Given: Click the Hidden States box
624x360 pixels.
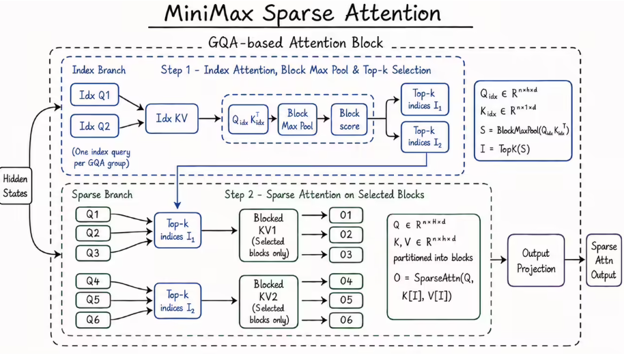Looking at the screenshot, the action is coord(16,186).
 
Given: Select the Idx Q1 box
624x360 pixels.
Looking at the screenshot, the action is coord(95,95).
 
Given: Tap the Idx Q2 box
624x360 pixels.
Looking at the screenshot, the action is coord(95,126).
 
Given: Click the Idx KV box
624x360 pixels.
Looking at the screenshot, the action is coord(171,118).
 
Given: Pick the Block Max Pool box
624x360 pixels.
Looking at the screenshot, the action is coord(297,120).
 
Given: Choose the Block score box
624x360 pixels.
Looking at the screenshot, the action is coord(349,120).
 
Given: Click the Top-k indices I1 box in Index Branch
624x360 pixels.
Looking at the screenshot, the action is coord(425,99).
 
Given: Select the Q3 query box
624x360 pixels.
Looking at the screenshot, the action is coord(93,253).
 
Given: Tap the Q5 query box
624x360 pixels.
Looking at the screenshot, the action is coord(93,300).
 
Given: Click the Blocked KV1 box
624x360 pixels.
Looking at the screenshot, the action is coord(268,236).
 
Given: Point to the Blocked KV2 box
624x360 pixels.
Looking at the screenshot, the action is coord(268,302).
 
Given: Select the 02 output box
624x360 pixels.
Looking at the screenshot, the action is coord(346,234).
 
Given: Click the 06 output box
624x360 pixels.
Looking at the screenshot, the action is coord(346,320).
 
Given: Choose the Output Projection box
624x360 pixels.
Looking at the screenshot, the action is coord(536,260).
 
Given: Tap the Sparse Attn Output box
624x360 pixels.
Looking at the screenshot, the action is coord(604,260).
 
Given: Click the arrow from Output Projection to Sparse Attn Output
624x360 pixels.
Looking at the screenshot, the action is coord(575,260).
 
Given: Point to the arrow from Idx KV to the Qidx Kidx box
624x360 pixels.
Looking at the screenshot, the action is coord(210,118).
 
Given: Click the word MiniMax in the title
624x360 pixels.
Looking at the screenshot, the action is coord(209,13).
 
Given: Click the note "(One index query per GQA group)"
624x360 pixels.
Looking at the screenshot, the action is coord(101,157).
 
